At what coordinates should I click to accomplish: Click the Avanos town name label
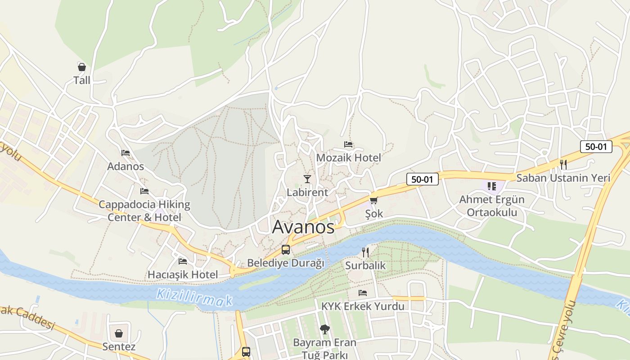coord(303,227)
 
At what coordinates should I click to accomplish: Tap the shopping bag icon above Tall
coord(81,67)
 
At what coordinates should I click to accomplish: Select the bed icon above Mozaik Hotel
coord(348,144)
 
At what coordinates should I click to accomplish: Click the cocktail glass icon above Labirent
coord(307,179)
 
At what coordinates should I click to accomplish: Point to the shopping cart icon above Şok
coord(373,201)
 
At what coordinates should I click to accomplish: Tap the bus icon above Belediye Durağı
coord(286,250)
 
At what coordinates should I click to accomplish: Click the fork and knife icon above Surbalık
coord(365,252)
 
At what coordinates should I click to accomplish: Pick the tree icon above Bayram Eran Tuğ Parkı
coord(324,329)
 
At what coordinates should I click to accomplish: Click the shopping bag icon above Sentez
coord(119,333)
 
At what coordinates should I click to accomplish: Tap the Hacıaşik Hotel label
coord(183,274)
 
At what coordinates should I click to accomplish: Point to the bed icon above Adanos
coord(126,153)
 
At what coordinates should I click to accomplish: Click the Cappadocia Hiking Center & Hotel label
coord(144,211)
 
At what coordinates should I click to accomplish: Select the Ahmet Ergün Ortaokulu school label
coord(492,206)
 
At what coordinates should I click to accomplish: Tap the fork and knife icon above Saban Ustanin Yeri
coord(563,164)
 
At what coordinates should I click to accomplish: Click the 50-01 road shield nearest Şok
coord(422,179)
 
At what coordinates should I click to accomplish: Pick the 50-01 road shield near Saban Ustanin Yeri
coord(596,146)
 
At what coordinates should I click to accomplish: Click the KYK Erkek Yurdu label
coord(363,306)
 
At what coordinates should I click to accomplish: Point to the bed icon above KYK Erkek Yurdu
coord(363,293)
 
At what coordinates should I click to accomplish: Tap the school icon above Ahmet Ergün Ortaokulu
coord(491,186)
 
